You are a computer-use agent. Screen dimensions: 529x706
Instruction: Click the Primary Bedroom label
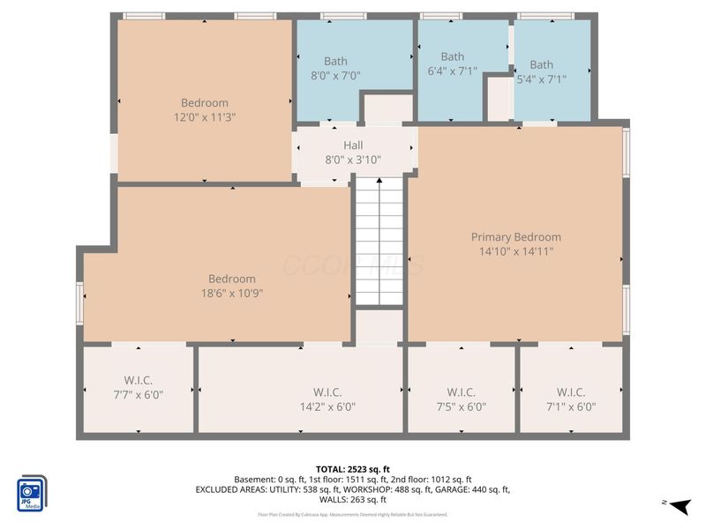515,237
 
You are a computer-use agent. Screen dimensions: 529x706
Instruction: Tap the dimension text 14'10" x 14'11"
515,251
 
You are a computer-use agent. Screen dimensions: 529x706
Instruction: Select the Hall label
353,145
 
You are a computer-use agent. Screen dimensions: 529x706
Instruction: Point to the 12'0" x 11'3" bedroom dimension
205,116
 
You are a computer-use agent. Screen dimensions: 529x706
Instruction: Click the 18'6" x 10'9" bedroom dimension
232,293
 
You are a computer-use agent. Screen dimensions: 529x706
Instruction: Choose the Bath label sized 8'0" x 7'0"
335,61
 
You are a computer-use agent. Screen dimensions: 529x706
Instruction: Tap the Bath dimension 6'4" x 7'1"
452,71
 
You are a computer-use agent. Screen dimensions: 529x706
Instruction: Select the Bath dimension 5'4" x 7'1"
542,78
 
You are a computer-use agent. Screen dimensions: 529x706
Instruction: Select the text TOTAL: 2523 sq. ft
353,468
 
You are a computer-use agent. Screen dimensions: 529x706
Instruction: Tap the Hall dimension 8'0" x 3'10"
353,160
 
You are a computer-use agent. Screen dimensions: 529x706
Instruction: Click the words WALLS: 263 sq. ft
353,500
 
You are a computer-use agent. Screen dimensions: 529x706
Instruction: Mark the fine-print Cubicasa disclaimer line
353,514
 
